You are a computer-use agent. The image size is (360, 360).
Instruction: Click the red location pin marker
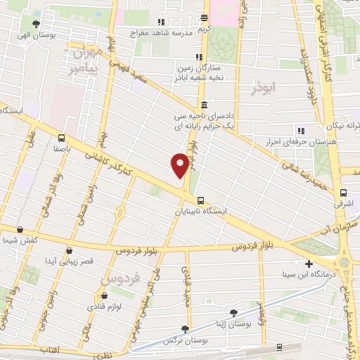[180, 165]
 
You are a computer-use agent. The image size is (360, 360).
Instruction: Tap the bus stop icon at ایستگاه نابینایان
[201, 200]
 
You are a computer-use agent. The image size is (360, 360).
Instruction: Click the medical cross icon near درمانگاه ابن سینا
[309, 264]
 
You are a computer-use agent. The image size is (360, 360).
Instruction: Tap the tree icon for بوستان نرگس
[185, 328]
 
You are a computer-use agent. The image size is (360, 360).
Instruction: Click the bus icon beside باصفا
[62, 138]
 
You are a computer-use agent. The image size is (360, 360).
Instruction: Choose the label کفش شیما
[18, 240]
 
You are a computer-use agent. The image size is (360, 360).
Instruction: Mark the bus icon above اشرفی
[343, 192]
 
